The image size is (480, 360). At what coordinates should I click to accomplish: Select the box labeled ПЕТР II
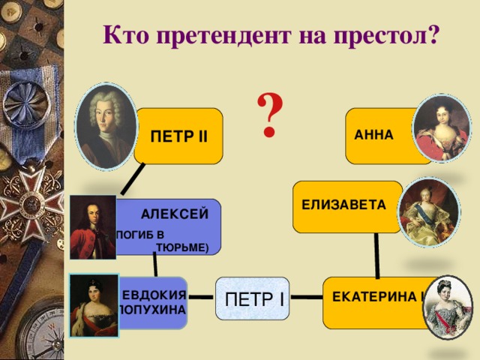click(x=180, y=136)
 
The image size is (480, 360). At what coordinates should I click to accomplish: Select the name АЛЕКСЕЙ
click(x=174, y=214)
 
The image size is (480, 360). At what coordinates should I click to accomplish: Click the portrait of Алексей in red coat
click(x=92, y=226)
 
